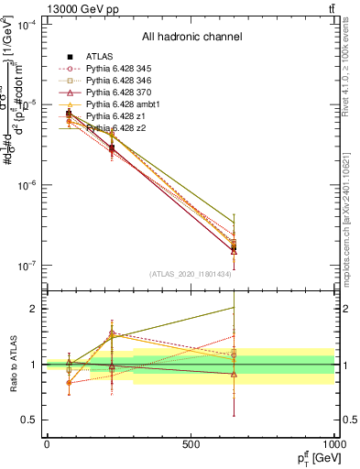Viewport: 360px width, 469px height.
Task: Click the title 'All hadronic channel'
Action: [x=191, y=38]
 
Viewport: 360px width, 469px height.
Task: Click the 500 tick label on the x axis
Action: [x=191, y=443]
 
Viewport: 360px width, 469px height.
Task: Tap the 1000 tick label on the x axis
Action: [x=335, y=443]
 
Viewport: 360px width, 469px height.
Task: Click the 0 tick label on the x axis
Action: [x=47, y=443]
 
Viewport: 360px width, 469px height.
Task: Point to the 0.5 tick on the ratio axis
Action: [x=31, y=420]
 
